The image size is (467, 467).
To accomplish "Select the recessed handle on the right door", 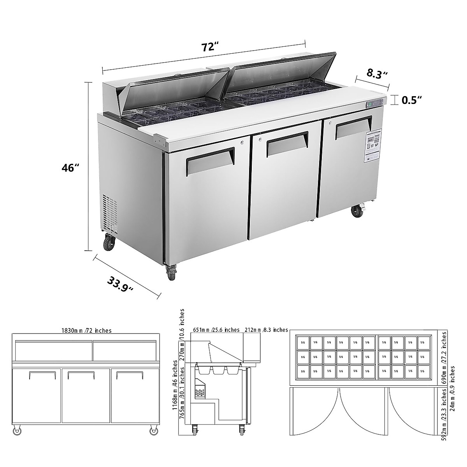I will (x=353, y=126).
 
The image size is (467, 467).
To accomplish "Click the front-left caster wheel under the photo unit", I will (x=171, y=271).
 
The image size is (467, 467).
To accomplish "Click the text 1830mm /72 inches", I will (x=86, y=330).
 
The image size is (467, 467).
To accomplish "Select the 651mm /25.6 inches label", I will (x=216, y=330).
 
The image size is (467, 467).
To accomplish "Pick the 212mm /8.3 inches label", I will (x=266, y=330).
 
